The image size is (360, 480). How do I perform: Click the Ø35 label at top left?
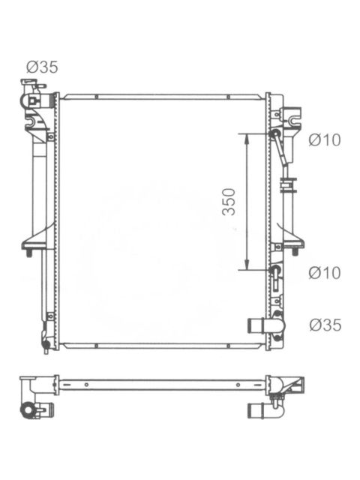[42, 67]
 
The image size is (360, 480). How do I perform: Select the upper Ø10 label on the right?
[325, 140]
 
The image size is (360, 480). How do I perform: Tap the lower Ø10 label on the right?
[325, 272]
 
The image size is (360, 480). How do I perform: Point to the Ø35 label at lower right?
[325, 325]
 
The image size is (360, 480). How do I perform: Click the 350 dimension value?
[229, 202]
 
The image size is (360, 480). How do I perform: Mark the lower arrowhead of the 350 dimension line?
[247, 265]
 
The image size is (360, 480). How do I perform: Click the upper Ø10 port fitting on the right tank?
[275, 133]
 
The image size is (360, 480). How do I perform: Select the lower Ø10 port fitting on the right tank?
[275, 270]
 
